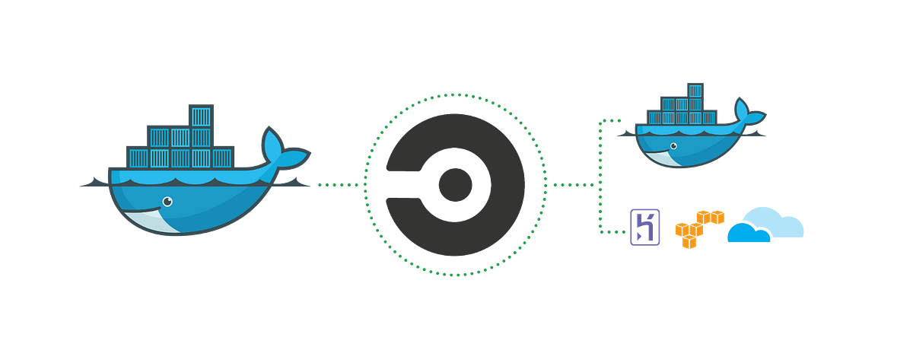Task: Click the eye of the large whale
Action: (167, 202)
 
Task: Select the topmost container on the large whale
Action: (200, 116)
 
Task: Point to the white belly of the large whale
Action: (164, 223)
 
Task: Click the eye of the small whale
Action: (672, 145)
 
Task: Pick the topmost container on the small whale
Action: (693, 91)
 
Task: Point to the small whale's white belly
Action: (670, 158)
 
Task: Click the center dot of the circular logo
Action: (455, 183)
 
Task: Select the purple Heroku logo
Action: (644, 227)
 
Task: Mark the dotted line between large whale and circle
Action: (338, 184)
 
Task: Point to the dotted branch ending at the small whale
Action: (609, 120)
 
